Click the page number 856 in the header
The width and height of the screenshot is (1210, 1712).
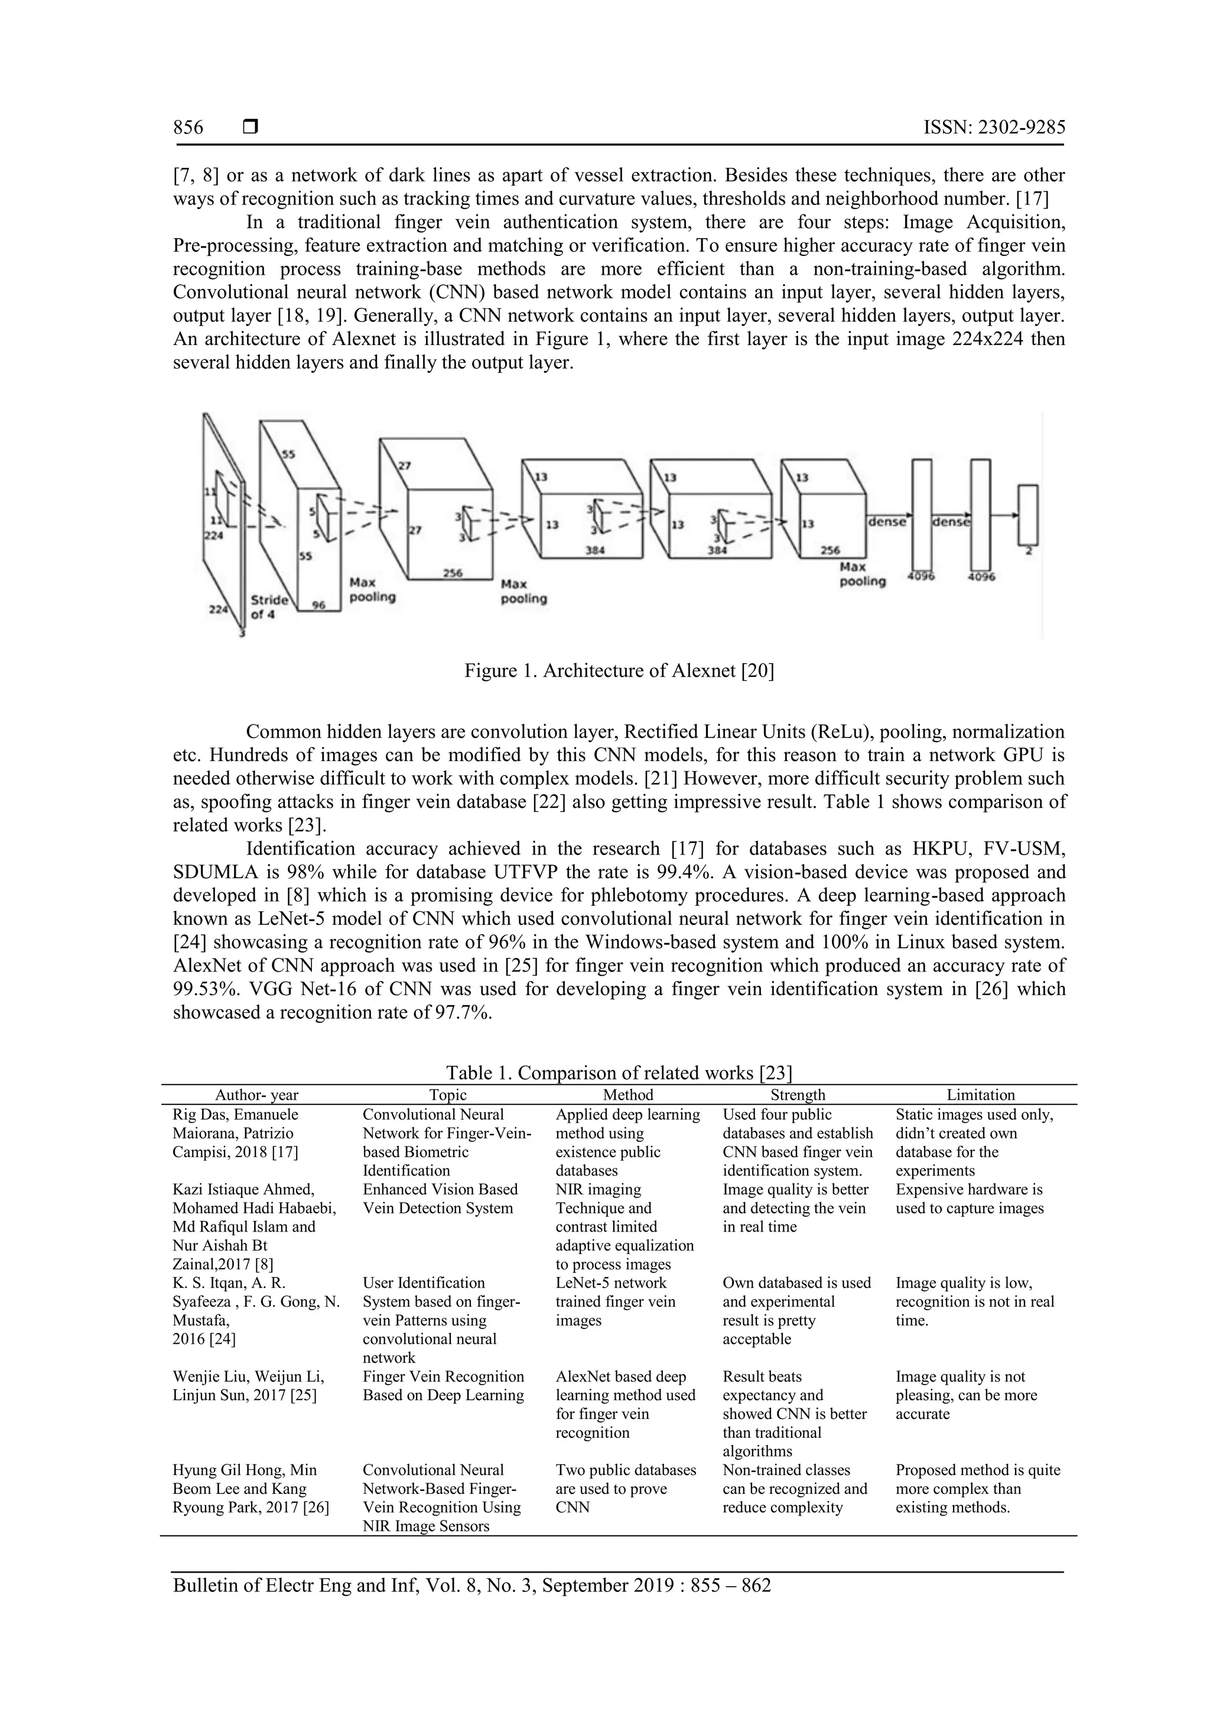(x=188, y=128)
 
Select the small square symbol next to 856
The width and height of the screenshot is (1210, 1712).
(x=251, y=128)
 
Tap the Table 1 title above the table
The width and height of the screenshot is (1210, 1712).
(x=619, y=1073)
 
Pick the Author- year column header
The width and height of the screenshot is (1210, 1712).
(x=256, y=1094)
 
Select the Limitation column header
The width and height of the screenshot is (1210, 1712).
(x=980, y=1094)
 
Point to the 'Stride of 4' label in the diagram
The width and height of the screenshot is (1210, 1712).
(x=268, y=607)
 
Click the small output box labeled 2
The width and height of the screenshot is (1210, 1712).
(x=1028, y=515)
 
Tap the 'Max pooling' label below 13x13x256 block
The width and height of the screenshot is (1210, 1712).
(x=863, y=574)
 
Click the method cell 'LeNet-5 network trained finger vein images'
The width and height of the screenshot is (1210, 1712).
(x=615, y=1302)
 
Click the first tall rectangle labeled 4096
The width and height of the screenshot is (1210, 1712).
(x=922, y=515)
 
